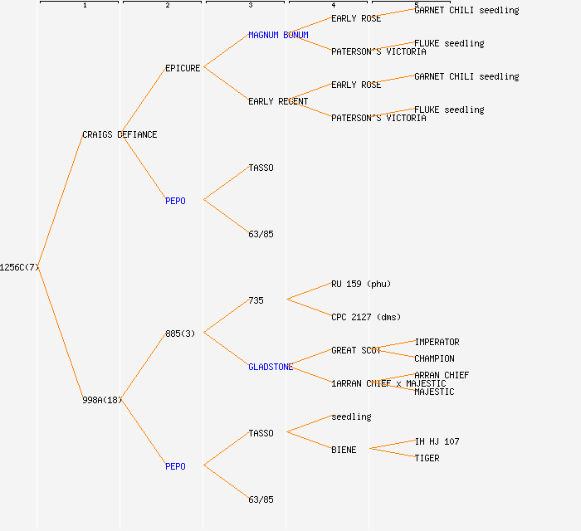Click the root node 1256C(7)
click(x=19, y=267)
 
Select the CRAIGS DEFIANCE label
click(x=120, y=134)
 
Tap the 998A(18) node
click(x=102, y=400)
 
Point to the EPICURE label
click(x=183, y=68)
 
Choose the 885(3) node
click(x=180, y=334)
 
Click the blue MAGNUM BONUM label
click(x=278, y=35)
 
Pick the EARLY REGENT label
click(x=278, y=101)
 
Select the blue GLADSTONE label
click(x=271, y=367)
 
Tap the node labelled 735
click(x=256, y=300)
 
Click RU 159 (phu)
click(x=361, y=284)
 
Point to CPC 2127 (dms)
click(x=366, y=317)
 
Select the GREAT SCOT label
click(x=356, y=350)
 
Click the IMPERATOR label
click(x=437, y=342)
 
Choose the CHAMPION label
click(x=435, y=358)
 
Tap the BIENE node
click(x=344, y=450)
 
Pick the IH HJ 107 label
click(x=437, y=441)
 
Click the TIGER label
click(x=427, y=458)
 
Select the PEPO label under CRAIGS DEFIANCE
click(x=175, y=201)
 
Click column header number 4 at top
click(x=333, y=6)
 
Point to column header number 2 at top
click(x=167, y=6)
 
